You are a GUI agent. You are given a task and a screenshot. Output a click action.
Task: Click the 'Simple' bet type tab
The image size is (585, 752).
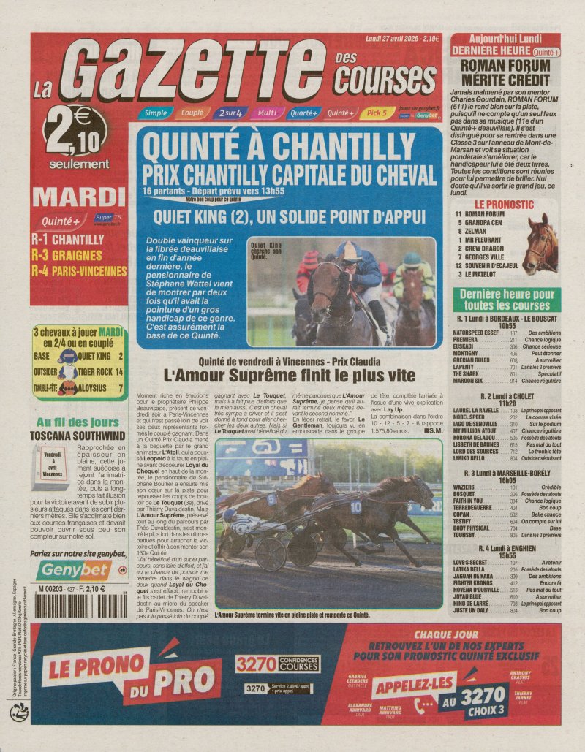tap(154, 113)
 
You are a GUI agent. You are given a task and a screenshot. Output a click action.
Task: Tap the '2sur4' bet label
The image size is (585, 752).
tap(228, 113)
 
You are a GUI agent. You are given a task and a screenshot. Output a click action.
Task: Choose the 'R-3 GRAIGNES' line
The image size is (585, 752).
tap(72, 255)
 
